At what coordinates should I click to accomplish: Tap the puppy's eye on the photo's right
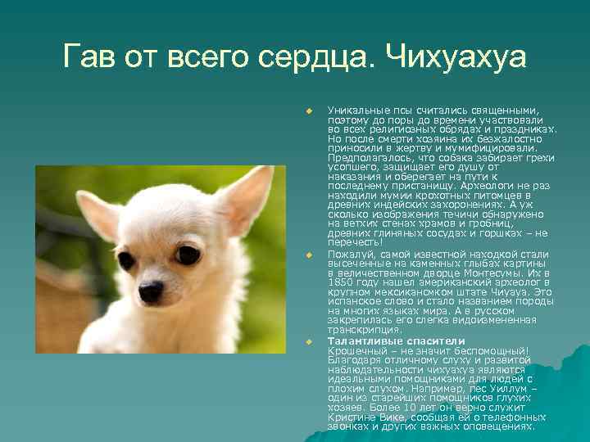click(x=188, y=255)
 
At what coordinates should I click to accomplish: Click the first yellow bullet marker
click(x=309, y=110)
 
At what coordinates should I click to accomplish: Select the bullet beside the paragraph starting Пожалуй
click(x=309, y=256)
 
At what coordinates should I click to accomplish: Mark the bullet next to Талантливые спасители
click(x=309, y=341)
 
